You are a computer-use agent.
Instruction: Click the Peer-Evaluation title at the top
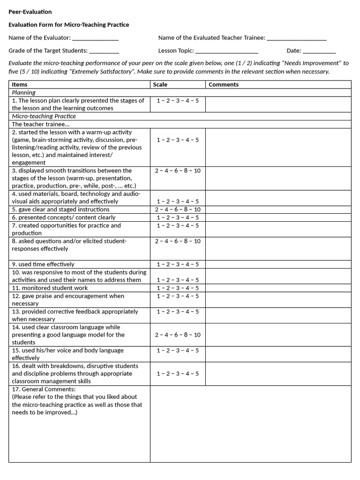(x=30, y=12)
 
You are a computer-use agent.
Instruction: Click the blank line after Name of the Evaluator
(x=95, y=39)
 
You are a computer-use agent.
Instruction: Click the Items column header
(x=20, y=85)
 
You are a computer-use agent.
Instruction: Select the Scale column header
(x=160, y=85)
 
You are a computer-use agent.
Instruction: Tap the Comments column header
(x=224, y=85)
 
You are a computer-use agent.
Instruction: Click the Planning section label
(x=23, y=93)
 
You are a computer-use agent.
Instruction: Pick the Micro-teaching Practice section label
(x=44, y=116)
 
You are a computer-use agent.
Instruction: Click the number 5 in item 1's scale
(x=197, y=101)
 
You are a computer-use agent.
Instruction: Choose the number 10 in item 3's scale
(x=197, y=171)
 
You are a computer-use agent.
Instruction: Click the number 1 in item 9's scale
(x=158, y=264)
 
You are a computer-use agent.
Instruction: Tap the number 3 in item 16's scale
(x=178, y=374)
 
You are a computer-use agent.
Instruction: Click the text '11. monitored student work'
(x=50, y=288)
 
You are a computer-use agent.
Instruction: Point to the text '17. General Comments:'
(x=44, y=389)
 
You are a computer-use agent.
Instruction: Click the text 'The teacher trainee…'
(x=41, y=124)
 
